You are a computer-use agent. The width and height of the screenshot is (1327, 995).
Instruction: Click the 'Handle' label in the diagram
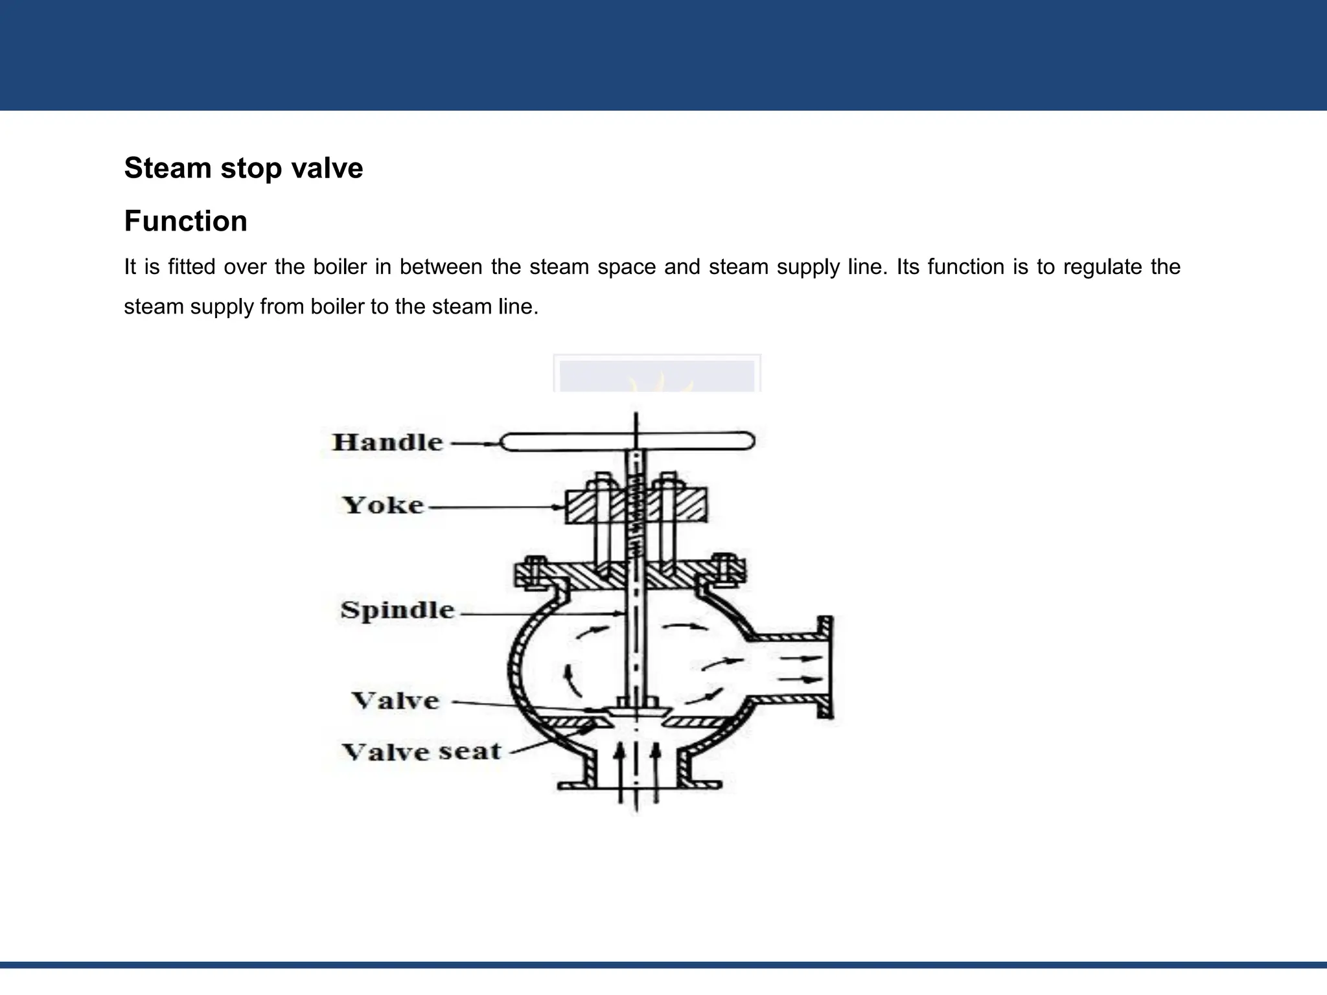click(387, 442)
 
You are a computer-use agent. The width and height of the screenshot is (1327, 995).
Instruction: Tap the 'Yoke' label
click(383, 505)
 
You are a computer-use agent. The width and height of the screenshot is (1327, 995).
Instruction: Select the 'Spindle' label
click(397, 610)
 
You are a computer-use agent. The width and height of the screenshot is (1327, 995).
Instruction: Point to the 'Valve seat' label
click(421, 751)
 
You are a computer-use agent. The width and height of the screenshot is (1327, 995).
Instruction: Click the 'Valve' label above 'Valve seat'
click(395, 700)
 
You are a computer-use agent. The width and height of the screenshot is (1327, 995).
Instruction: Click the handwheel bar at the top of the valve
click(629, 441)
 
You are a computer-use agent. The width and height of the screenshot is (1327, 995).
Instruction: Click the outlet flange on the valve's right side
click(824, 667)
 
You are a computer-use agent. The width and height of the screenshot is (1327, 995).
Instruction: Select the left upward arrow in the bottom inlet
click(621, 773)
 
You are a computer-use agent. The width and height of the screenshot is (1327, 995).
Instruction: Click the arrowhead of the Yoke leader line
click(560, 507)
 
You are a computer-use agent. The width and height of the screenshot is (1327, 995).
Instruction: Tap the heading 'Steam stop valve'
click(244, 168)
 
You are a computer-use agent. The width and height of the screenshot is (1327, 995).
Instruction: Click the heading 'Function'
click(186, 221)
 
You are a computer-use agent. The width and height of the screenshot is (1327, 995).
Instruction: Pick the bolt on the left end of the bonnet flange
click(535, 572)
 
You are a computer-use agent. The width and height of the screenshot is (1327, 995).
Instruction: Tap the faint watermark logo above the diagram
click(657, 373)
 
